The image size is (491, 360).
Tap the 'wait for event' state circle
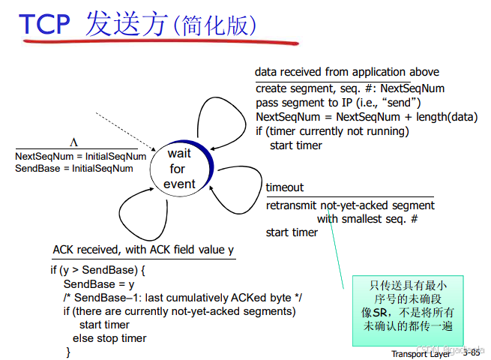[181, 168]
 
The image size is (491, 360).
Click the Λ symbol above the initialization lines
[74, 142]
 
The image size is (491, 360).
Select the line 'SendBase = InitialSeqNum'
[74, 168]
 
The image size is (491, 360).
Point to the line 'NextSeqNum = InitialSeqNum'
[81, 156]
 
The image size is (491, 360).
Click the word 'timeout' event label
[285, 187]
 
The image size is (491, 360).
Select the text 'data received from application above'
[346, 72]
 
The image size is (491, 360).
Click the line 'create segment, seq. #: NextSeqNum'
[350, 88]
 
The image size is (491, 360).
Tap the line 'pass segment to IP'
[338, 103]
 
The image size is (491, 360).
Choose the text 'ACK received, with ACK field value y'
[143, 250]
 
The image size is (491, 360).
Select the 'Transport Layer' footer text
[421, 354]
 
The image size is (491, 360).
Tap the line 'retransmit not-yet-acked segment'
[351, 205]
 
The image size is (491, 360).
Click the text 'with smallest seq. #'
[367, 218]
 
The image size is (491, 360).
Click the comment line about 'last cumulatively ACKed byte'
[182, 298]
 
